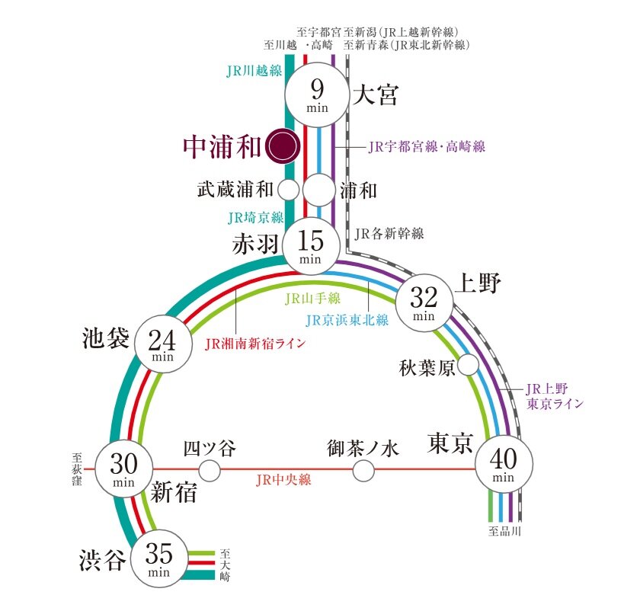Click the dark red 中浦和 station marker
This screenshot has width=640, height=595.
(283, 146)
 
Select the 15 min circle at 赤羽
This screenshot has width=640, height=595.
(312, 247)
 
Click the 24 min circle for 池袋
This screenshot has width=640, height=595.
(163, 344)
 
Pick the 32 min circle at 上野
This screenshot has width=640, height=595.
(424, 302)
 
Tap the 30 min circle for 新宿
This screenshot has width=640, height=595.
(123, 469)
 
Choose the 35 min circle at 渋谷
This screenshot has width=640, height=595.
(159, 558)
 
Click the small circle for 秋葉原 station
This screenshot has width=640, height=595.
(468, 365)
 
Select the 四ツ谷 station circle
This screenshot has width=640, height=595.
(210, 471)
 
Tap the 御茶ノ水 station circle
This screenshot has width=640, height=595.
(363, 471)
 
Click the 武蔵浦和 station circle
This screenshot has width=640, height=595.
(289, 190)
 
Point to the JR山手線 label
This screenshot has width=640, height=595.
(312, 299)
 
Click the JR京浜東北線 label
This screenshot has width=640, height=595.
(347, 320)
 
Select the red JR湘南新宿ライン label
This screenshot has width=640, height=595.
(255, 344)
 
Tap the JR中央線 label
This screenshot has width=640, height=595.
(283, 479)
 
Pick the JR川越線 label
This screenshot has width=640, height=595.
(254, 71)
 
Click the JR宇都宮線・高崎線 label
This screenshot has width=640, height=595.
(427, 146)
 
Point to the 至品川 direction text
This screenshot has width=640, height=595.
(505, 531)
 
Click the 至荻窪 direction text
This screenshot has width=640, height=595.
(77, 469)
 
